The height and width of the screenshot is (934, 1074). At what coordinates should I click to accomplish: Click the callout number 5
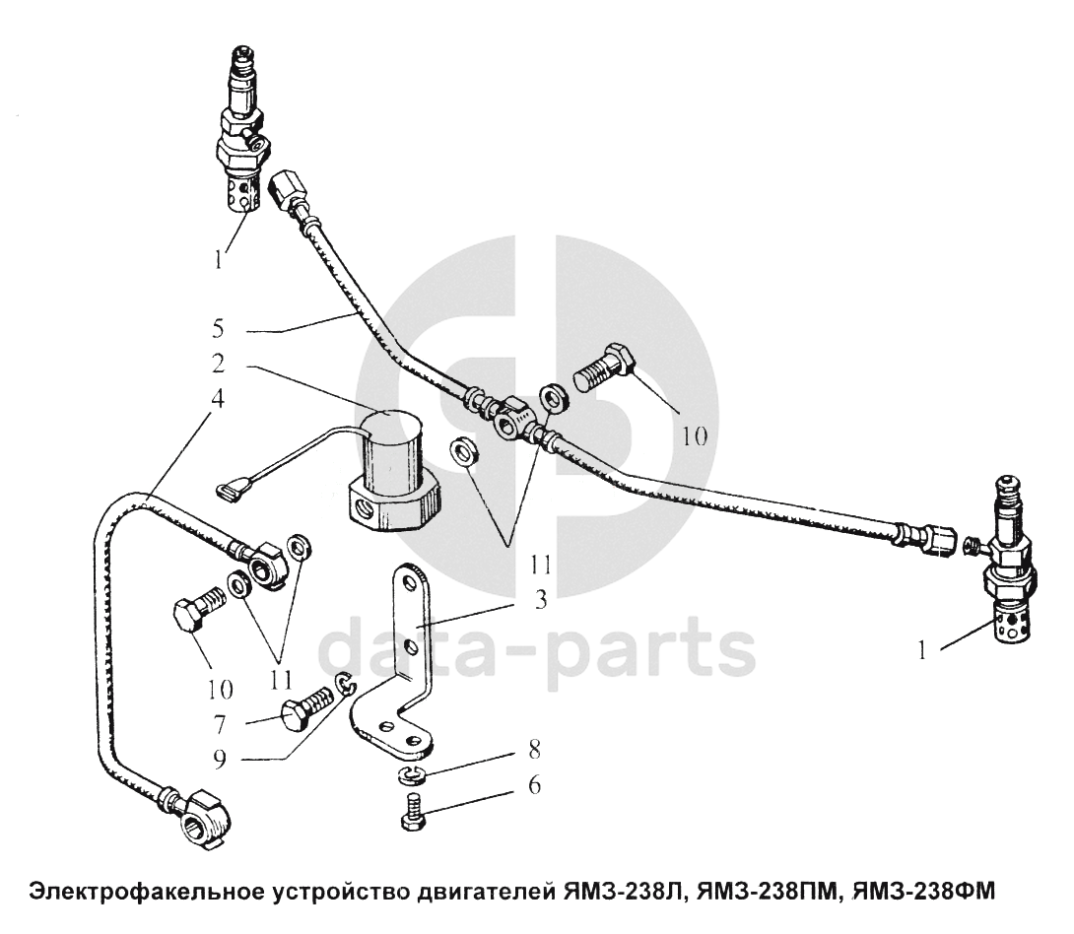coord(218,328)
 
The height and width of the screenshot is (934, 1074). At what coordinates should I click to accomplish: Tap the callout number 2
coord(218,363)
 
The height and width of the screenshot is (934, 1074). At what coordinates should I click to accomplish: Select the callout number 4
coord(218,398)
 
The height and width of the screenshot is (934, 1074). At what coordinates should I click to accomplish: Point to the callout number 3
coord(540,600)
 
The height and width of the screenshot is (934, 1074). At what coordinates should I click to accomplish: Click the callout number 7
coord(220,724)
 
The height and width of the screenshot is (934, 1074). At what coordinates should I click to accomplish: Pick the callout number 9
coord(220,760)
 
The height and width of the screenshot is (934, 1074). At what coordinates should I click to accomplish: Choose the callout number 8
coord(534,750)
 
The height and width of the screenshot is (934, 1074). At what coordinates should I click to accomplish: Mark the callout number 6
coord(534,784)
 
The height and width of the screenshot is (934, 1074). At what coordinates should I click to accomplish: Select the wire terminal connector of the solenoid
coord(232,490)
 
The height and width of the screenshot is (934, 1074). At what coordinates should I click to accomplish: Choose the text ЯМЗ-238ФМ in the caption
coord(922,892)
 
